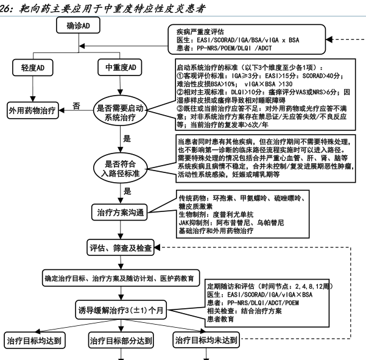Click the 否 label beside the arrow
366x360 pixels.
[76, 105]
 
